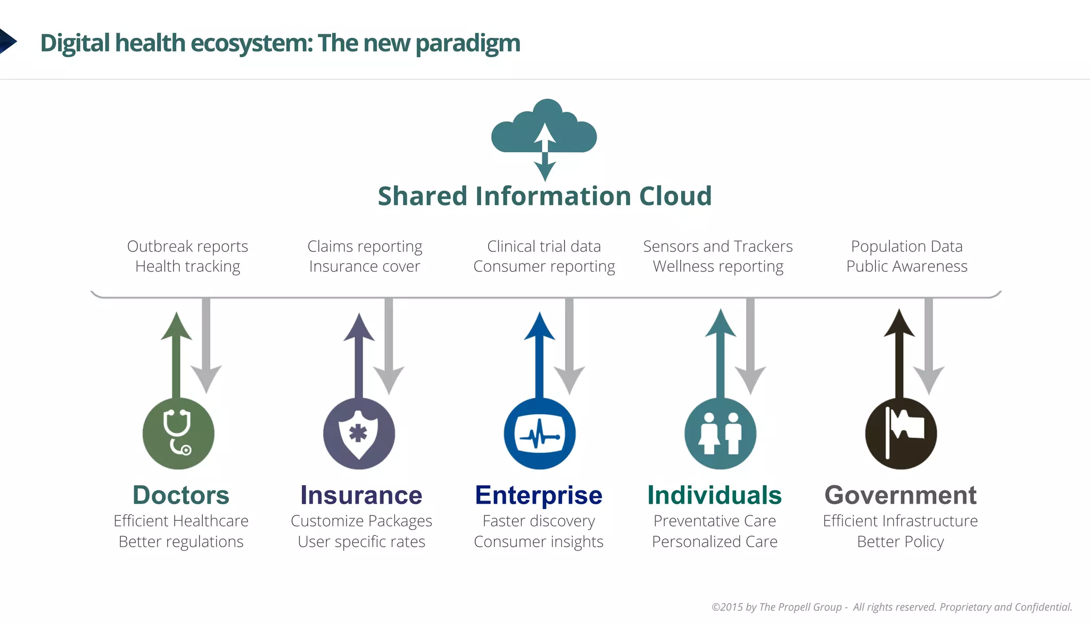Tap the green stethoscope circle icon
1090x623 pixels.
coord(178,433)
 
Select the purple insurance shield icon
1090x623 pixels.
coord(359,433)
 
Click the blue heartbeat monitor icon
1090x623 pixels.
coord(540,433)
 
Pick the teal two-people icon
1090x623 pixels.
coord(720,433)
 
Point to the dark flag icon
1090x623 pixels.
coord(901,433)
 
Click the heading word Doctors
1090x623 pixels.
coord(181,495)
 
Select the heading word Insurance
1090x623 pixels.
coord(361,495)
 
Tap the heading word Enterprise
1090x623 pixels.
coord(539,495)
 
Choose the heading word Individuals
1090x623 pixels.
coord(714,495)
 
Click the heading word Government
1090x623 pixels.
coord(901,495)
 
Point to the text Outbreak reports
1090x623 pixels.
coord(187,247)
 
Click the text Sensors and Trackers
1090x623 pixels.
coord(717,247)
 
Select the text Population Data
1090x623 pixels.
coord(906,247)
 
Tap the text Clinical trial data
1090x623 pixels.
coord(544,247)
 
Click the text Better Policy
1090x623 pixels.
coord(901,542)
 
